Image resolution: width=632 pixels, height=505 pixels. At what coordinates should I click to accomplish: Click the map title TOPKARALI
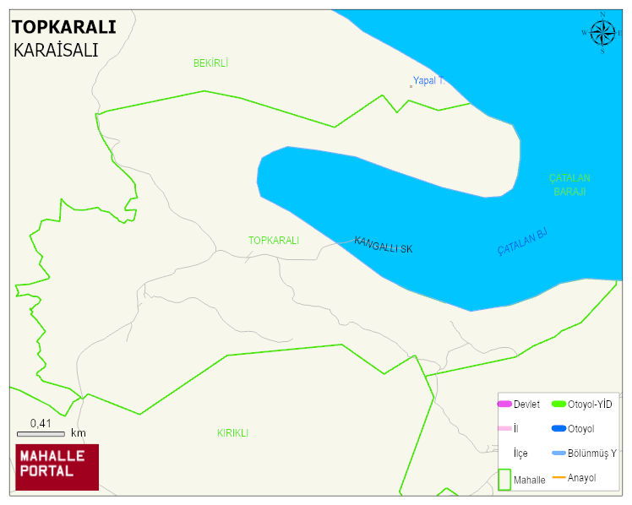tap(64, 27)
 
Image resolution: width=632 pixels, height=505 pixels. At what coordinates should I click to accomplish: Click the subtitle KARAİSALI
tap(56, 50)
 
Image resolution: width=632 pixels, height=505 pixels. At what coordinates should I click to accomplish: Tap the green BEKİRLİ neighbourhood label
tap(210, 63)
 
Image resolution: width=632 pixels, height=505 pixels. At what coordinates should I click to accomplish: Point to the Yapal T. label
tap(428, 81)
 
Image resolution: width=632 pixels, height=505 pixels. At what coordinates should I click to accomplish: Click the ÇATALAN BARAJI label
tap(569, 185)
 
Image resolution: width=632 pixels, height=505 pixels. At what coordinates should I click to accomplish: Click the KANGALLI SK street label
tap(383, 245)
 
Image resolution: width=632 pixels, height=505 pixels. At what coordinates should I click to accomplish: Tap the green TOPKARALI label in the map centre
tap(273, 241)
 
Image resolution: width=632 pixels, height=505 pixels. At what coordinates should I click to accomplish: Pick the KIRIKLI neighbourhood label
tap(232, 433)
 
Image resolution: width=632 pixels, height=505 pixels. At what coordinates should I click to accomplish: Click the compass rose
tap(602, 33)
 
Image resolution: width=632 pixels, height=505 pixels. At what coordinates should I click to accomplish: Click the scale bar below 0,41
tap(41, 433)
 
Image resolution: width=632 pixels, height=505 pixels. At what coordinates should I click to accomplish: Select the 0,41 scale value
tap(41, 423)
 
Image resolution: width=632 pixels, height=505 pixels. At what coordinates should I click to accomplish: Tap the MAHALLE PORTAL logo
tap(57, 467)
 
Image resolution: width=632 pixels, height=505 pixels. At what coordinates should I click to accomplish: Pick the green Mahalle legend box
tap(504, 480)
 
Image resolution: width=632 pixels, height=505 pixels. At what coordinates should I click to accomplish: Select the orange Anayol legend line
tap(558, 479)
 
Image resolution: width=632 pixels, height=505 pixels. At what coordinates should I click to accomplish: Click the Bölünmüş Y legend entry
tap(584, 453)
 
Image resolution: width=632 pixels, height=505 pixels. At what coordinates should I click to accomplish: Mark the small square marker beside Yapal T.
tap(411, 85)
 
